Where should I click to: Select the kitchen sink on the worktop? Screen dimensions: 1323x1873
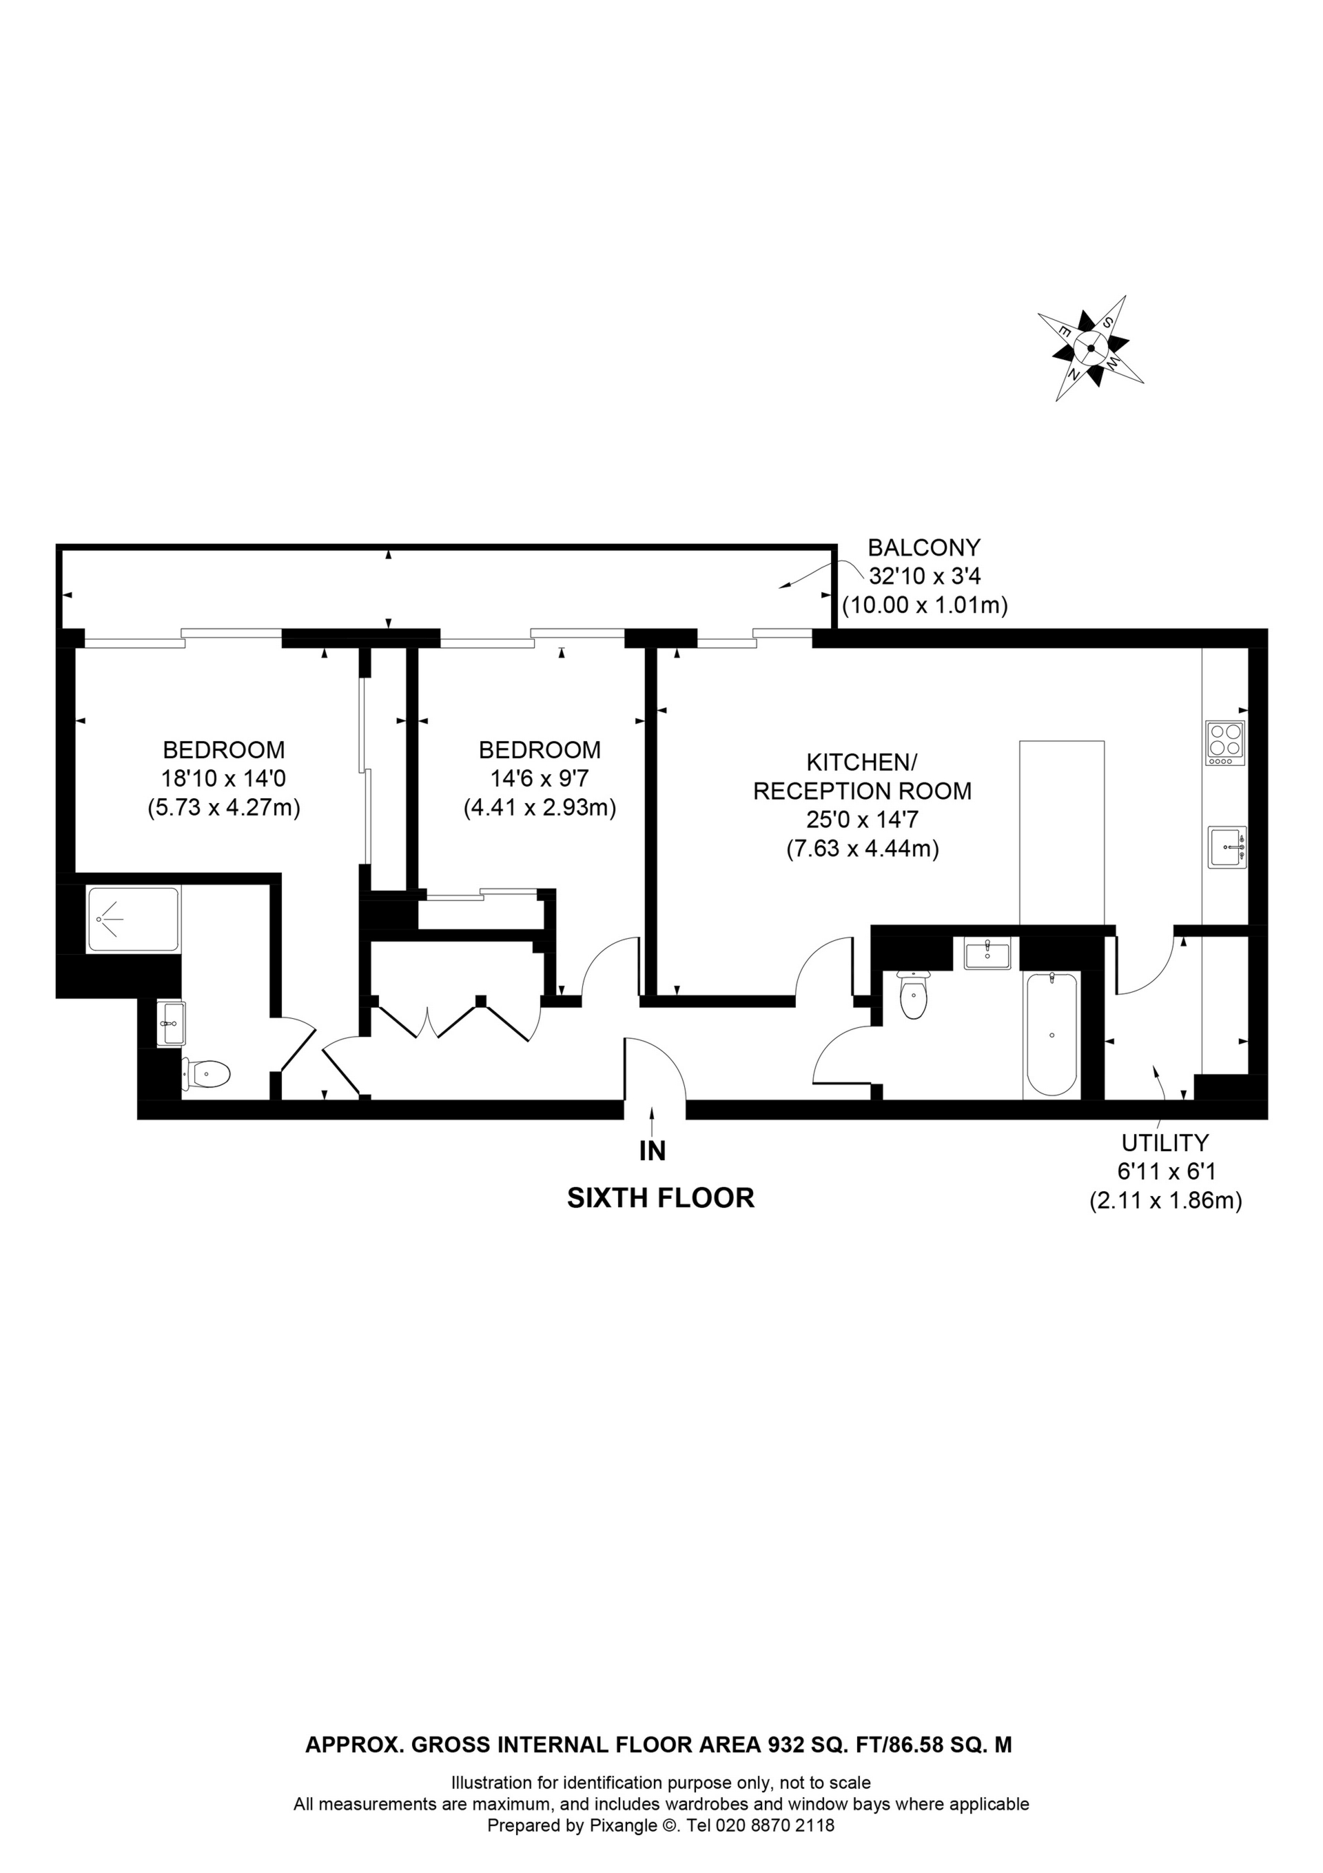pyautogui.click(x=1227, y=849)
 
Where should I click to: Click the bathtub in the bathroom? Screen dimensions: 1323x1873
pyautogui.click(x=1052, y=1035)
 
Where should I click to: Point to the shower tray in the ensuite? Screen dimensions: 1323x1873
pyautogui.click(x=132, y=920)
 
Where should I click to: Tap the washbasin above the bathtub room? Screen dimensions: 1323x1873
pyautogui.click(x=987, y=953)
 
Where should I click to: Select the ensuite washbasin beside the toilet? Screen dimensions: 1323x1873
pyautogui.click(x=172, y=1024)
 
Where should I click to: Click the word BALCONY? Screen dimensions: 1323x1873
pyautogui.click(x=923, y=547)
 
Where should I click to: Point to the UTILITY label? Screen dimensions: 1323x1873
pyautogui.click(x=1165, y=1142)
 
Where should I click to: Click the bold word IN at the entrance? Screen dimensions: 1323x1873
pyautogui.click(x=653, y=1151)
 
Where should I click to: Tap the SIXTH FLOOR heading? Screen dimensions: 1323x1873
pyautogui.click(x=660, y=1197)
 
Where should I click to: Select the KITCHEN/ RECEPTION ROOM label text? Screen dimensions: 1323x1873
pyautogui.click(x=862, y=777)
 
